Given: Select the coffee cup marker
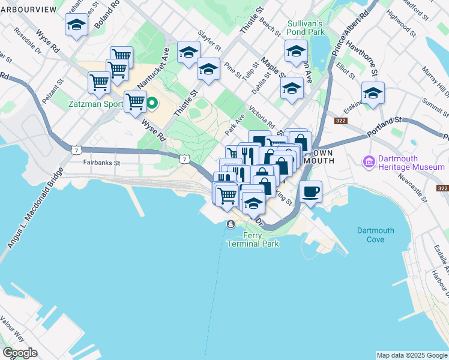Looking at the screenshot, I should [310, 192].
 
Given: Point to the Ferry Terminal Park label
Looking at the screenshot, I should [253, 239].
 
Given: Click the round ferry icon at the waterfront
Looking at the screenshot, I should [231, 224].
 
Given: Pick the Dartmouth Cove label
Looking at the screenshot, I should [375, 235].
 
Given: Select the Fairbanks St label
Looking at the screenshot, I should [103, 163].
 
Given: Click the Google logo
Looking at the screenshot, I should [20, 353].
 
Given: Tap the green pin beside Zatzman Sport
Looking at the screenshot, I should [152, 103].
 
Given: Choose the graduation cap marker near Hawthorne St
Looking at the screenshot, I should [373, 94].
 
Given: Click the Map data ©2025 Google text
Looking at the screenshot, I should [412, 355].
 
